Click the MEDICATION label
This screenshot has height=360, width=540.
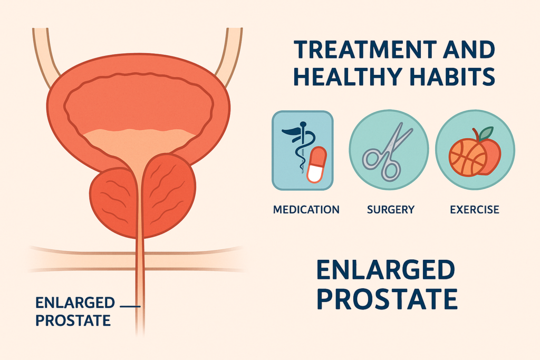tap(306, 209)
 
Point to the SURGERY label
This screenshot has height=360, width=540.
tap(391, 209)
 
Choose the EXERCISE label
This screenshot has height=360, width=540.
tap(475, 209)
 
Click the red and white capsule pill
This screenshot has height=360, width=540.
tap(316, 164)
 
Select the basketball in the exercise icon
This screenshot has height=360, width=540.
tap(467, 157)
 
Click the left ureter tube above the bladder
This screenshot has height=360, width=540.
tap(45, 55)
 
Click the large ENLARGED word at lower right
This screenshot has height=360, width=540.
tap(385, 270)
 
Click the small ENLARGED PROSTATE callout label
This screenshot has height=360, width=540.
tap(75, 312)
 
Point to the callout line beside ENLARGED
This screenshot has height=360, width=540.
tap(130, 306)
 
